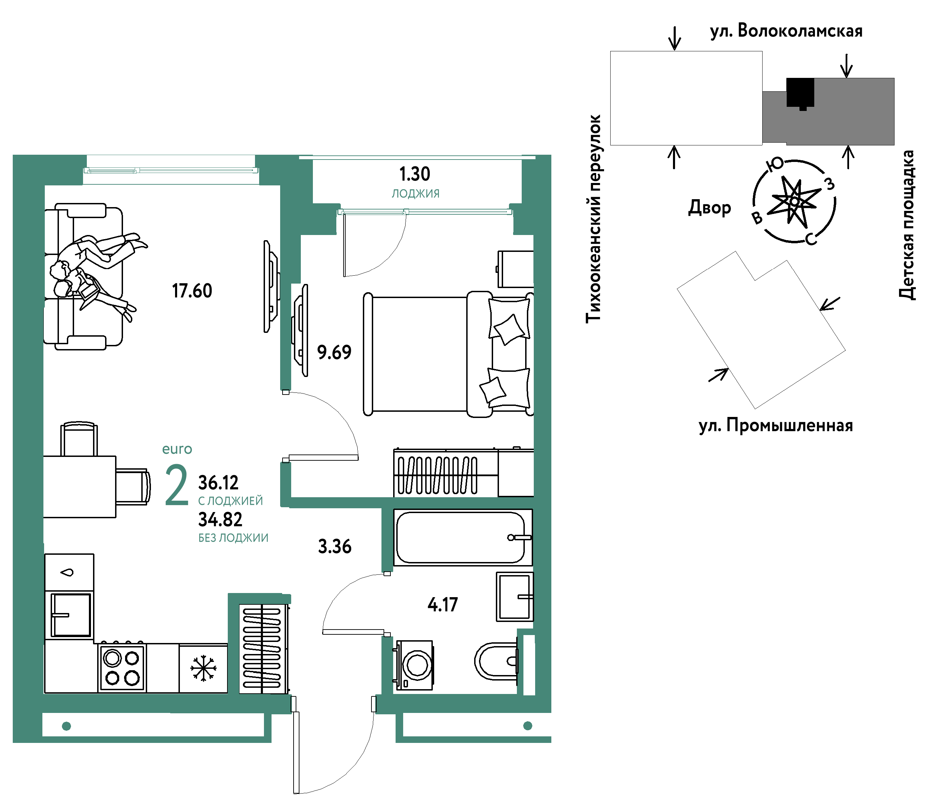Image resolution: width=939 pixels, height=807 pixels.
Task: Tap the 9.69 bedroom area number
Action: [x=334, y=352]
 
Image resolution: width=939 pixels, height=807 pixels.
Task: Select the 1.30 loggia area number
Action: [x=415, y=174]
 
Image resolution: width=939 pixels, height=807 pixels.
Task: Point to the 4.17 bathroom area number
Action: [x=443, y=604]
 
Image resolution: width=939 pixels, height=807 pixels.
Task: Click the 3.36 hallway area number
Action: [x=335, y=546]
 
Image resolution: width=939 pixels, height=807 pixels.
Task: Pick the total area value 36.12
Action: [x=218, y=482]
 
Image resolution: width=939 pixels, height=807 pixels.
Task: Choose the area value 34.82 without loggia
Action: [x=220, y=520]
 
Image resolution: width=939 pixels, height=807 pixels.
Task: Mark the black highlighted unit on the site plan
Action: [x=800, y=93]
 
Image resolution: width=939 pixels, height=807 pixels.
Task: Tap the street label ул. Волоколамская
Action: [x=786, y=31]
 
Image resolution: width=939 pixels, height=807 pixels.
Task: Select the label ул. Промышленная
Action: [x=776, y=426]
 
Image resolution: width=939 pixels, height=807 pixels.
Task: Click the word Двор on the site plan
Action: [x=710, y=207]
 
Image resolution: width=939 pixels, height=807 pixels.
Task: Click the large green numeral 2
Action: [x=176, y=485]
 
